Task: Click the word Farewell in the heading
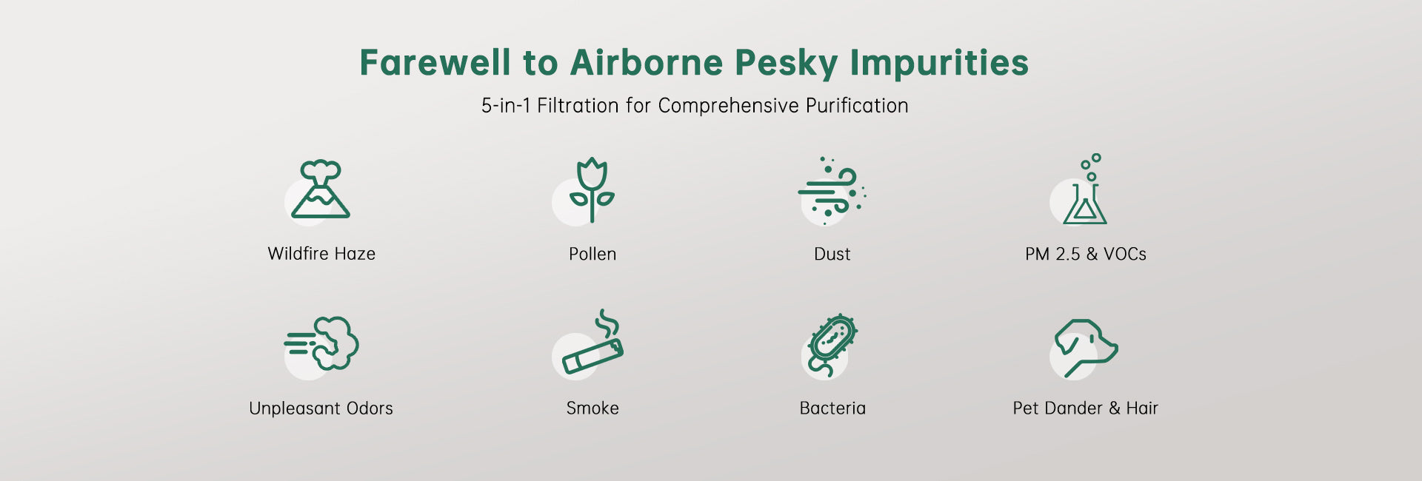tap(435, 62)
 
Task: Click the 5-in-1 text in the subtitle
tap(505, 106)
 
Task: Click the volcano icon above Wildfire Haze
tap(320, 189)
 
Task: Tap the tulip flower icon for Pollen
tap(592, 189)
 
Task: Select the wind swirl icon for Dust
tap(832, 189)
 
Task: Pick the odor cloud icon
tap(321, 343)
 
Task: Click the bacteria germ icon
tap(832, 344)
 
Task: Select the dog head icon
tap(1086, 347)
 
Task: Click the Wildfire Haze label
tap(321, 254)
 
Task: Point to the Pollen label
tap(592, 254)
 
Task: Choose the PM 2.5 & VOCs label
tap(1086, 254)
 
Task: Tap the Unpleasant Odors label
tap(321, 408)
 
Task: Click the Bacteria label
tap(832, 408)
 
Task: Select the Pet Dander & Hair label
tap(1086, 408)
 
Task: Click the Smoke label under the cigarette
tap(592, 408)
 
